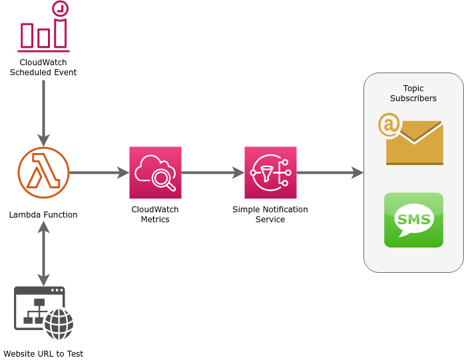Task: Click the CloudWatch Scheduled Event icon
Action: pos(43,27)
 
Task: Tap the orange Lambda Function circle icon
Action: pos(43,172)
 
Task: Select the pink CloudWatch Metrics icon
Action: pos(155,172)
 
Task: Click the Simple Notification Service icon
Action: pos(270,172)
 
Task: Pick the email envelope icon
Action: pos(413,142)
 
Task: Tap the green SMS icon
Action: pos(413,220)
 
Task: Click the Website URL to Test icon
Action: pos(43,313)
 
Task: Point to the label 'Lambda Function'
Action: pos(43,215)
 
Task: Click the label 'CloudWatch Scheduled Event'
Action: pos(43,67)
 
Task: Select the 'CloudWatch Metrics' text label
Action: pos(155,214)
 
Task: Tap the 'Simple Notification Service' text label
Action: pos(270,214)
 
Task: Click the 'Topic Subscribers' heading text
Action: pos(413,93)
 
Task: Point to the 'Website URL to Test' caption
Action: pos(43,354)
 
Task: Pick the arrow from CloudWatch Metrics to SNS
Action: pos(212,173)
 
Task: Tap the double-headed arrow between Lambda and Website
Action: pos(43,254)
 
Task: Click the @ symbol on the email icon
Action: pos(389,124)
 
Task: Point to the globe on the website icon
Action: pos(59,324)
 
